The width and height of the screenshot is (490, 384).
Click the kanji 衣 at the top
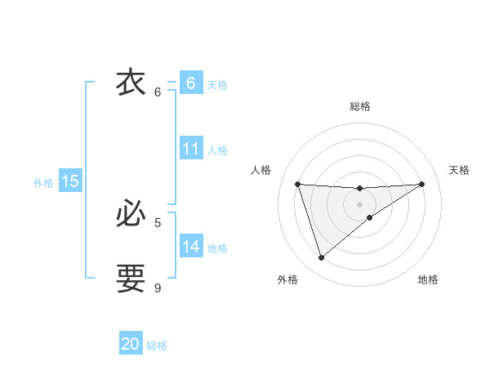tap(131, 83)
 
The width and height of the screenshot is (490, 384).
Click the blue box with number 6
tap(190, 83)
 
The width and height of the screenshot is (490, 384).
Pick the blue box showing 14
tap(190, 246)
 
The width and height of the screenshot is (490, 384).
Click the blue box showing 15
tap(70, 181)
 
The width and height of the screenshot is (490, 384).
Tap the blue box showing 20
tap(131, 344)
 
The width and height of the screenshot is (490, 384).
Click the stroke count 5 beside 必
tap(158, 222)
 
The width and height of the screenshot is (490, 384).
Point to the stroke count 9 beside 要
tap(158, 288)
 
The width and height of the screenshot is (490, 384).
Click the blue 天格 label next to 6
tap(217, 85)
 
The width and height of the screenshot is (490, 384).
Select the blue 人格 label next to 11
tap(217, 150)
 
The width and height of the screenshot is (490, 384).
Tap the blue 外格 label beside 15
tap(43, 184)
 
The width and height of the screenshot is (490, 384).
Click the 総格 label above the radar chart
tap(359, 106)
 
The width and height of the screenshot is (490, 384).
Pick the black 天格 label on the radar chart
tap(459, 170)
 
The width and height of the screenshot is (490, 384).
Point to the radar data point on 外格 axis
tap(321, 258)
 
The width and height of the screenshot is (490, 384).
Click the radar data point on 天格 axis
tap(421, 184)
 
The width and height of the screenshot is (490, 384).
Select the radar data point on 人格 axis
tap(298, 184)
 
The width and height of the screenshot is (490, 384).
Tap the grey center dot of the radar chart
tap(359, 203)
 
